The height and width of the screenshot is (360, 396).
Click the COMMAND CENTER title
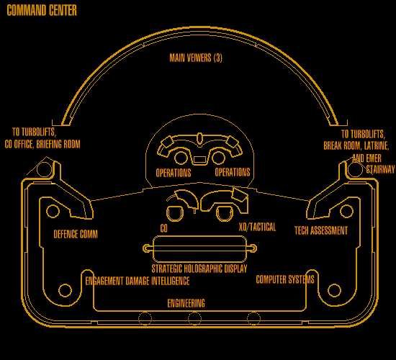point(42,11)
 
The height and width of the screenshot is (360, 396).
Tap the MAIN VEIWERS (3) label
point(196,58)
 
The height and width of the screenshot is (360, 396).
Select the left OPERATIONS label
point(174,173)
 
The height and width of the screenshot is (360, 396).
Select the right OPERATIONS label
point(233,172)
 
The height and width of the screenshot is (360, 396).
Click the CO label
point(163,228)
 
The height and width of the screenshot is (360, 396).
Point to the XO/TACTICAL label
point(257,227)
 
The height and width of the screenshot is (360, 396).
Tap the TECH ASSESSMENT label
point(321,230)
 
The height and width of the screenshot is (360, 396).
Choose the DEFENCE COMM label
point(76,234)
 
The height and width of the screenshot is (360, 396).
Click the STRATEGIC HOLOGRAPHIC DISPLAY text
point(199,269)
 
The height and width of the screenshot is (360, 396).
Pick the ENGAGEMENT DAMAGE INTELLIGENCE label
point(138,281)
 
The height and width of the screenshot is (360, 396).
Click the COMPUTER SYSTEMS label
point(285,279)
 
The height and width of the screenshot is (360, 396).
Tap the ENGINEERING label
point(186,303)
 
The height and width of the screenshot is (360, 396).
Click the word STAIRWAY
point(380,169)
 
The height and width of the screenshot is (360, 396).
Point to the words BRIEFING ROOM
point(58,144)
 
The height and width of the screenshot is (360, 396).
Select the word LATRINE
point(377,145)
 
